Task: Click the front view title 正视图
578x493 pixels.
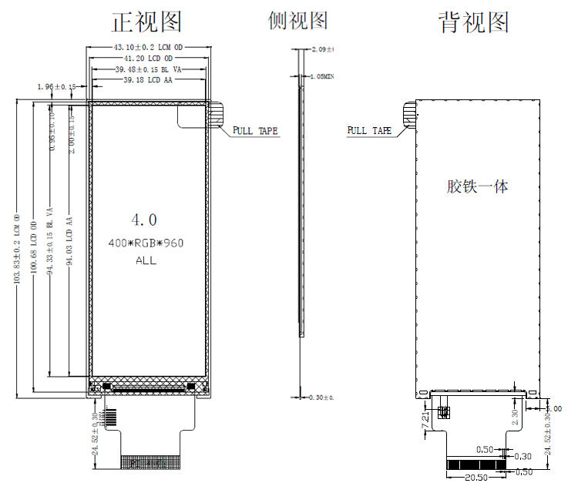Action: pyautogui.click(x=146, y=22)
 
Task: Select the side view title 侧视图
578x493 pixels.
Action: pyautogui.click(x=298, y=22)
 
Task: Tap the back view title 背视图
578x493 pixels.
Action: pyautogui.click(x=474, y=22)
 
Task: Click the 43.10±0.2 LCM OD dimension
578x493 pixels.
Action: pyautogui.click(x=146, y=48)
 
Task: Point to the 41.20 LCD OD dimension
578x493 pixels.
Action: pyautogui.click(x=147, y=59)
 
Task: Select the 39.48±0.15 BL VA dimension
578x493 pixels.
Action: pyautogui.click(x=148, y=69)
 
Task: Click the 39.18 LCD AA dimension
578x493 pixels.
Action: pyautogui.click(x=148, y=80)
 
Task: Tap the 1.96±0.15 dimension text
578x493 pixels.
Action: pyautogui.click(x=55, y=87)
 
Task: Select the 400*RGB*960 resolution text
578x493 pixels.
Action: pyautogui.click(x=146, y=243)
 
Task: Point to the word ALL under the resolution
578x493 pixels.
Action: pyautogui.click(x=146, y=260)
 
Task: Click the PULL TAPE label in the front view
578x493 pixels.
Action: pyautogui.click(x=255, y=131)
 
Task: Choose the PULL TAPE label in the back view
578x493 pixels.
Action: pyautogui.click(x=369, y=131)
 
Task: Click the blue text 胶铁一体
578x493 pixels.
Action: pyautogui.click(x=477, y=186)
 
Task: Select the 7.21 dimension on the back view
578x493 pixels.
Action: pyautogui.click(x=425, y=421)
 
